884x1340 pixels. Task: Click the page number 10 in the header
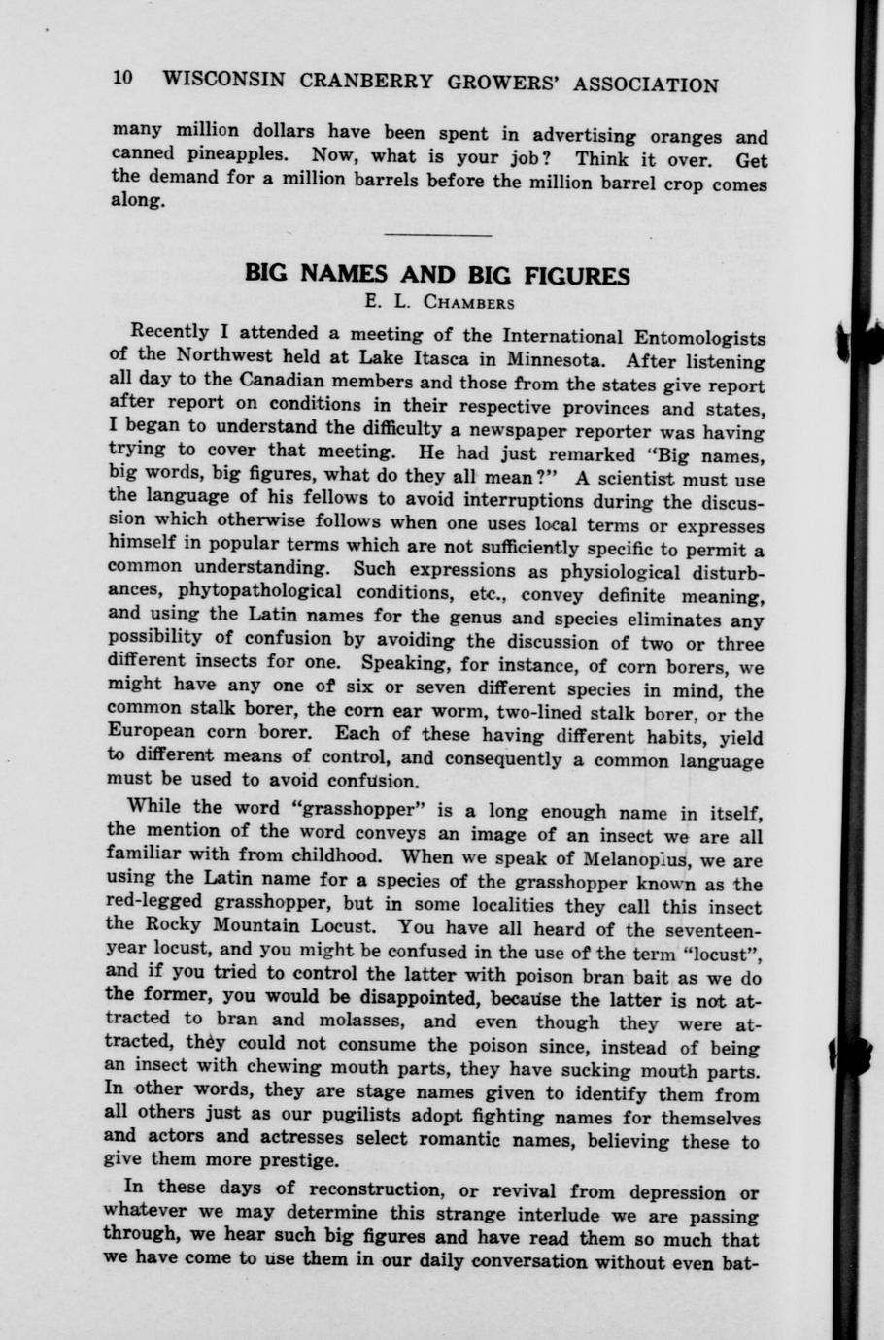(x=122, y=79)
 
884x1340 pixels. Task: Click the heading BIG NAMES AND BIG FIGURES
(x=437, y=274)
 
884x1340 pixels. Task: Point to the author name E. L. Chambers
(x=439, y=302)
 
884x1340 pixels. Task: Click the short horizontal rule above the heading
(x=438, y=235)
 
